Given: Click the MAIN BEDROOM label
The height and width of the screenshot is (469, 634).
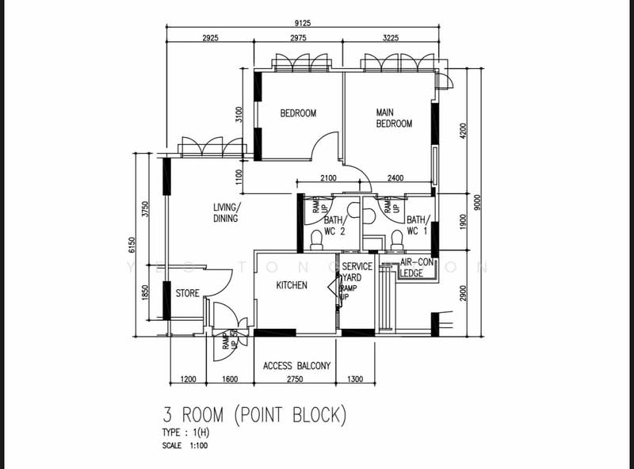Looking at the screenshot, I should tap(394, 118).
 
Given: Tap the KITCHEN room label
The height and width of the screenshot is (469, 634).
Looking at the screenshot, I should tap(291, 285).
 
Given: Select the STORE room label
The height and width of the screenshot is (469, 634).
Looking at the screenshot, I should tap(188, 294).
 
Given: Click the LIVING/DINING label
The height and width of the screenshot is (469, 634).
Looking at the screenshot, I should tap(227, 213).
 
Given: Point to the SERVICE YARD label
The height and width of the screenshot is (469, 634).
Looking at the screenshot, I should tap(357, 272).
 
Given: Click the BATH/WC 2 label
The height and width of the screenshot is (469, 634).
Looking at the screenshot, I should tap(334, 226).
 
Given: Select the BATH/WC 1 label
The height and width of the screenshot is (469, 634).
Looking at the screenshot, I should tap(416, 226).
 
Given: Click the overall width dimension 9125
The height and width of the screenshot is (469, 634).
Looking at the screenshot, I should tap(301, 22).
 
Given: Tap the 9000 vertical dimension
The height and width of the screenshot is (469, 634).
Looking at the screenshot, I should tap(476, 203).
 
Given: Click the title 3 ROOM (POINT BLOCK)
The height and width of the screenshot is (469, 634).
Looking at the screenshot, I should tap(254, 414).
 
